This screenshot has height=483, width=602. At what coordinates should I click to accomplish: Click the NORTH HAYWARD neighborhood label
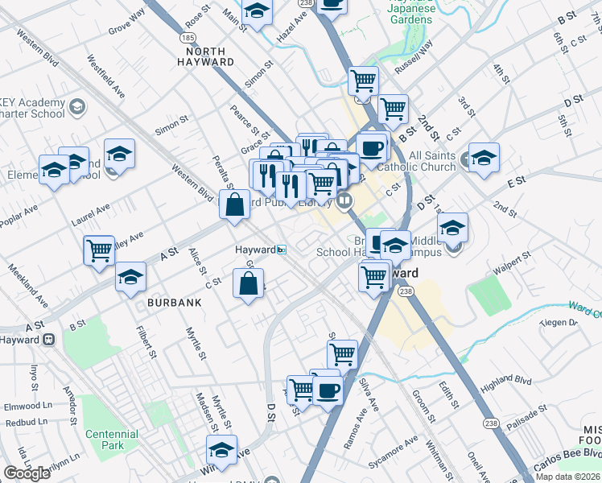(204, 56)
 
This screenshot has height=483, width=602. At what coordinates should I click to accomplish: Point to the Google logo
(27, 473)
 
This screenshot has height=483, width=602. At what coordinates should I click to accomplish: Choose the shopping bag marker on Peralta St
(234, 204)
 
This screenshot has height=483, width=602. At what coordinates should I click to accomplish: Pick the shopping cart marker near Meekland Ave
(99, 250)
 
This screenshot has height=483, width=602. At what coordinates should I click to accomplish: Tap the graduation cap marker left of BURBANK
(130, 279)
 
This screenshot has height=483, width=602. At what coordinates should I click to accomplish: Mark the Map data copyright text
(568, 477)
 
